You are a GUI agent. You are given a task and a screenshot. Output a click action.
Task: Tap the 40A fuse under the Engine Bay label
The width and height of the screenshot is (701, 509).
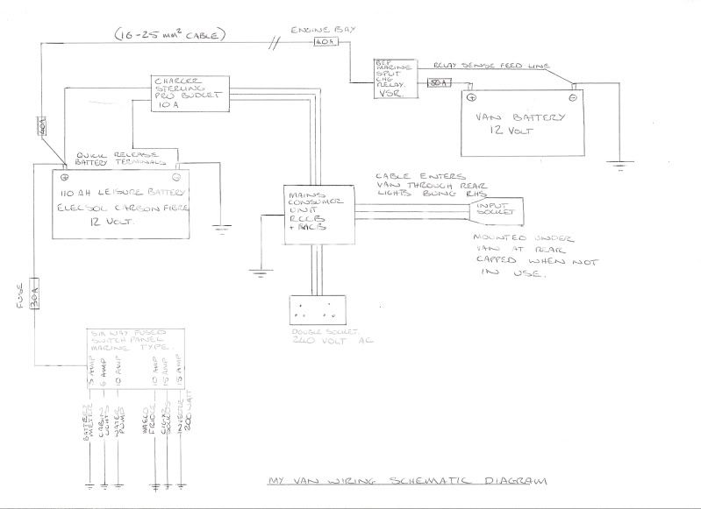[324, 40]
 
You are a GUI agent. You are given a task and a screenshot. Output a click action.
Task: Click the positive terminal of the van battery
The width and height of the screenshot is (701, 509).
[471, 96]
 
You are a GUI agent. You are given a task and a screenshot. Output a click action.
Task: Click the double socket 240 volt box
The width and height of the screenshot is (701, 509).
[319, 311]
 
